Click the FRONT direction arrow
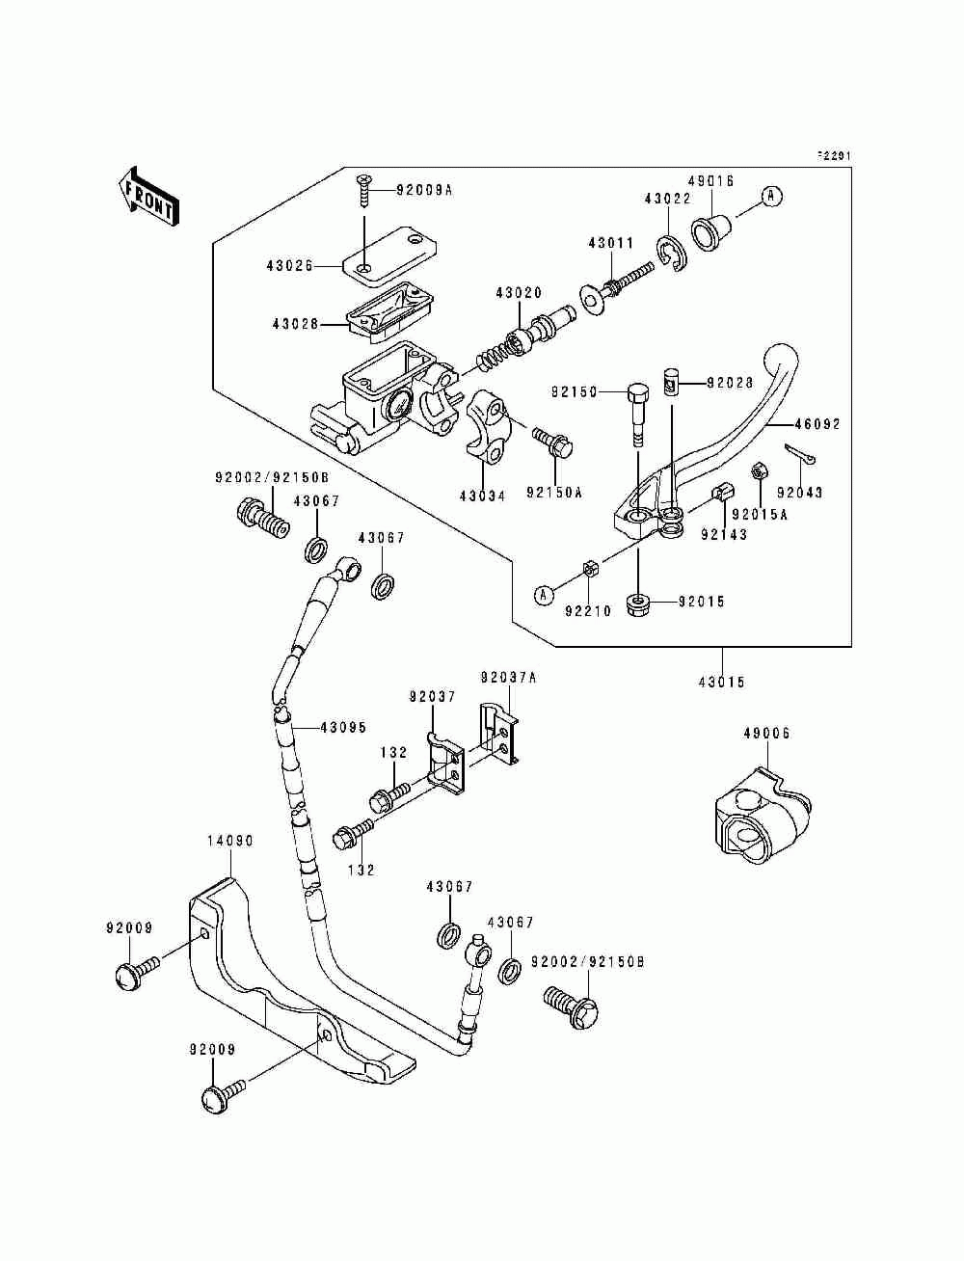click(x=148, y=196)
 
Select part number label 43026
click(x=289, y=266)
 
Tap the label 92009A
click(x=424, y=190)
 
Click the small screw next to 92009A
click(x=364, y=191)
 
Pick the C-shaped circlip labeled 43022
click(x=670, y=253)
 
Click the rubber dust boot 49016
click(x=712, y=232)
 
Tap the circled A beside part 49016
click(x=771, y=197)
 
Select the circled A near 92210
click(x=544, y=596)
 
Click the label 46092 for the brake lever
click(x=818, y=424)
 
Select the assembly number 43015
click(x=722, y=682)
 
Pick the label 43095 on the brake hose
click(x=343, y=727)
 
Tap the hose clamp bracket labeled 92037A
click(x=499, y=735)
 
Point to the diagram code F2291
click(x=834, y=155)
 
